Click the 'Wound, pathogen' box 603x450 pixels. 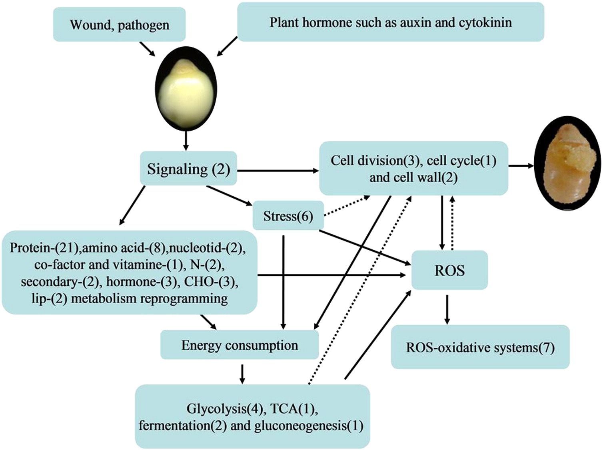[x=119, y=24]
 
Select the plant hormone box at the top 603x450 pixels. [x=390, y=22]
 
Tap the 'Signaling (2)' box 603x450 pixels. [x=188, y=169]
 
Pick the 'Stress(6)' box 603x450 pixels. [x=288, y=216]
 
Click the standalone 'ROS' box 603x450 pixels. [x=449, y=271]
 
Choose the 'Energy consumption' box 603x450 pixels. [x=240, y=345]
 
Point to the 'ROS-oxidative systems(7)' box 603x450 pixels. [x=480, y=347]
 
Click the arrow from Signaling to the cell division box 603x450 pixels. [x=278, y=171]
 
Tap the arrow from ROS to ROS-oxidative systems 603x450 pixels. [x=447, y=309]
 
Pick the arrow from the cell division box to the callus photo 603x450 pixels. [x=521, y=165]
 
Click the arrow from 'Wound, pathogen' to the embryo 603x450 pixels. [x=146, y=49]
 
